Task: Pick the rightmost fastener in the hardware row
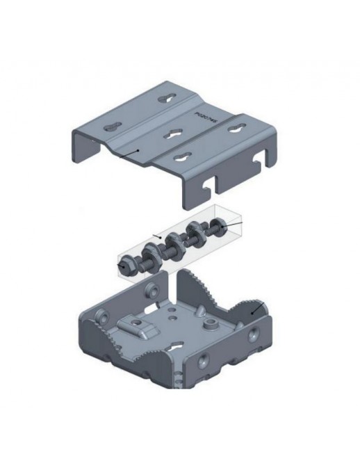tap(217, 226)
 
